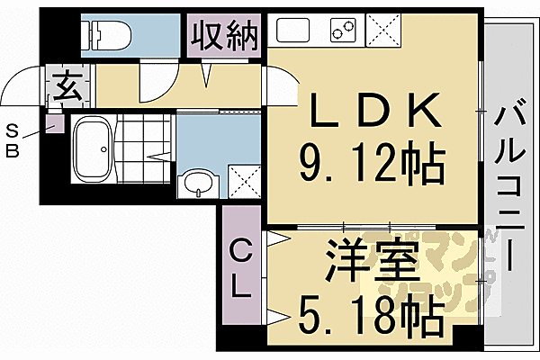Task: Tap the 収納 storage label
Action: click(x=224, y=36)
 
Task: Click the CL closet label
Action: click(x=240, y=267)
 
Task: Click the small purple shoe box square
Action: click(x=55, y=123)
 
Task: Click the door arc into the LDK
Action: click(x=281, y=87)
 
